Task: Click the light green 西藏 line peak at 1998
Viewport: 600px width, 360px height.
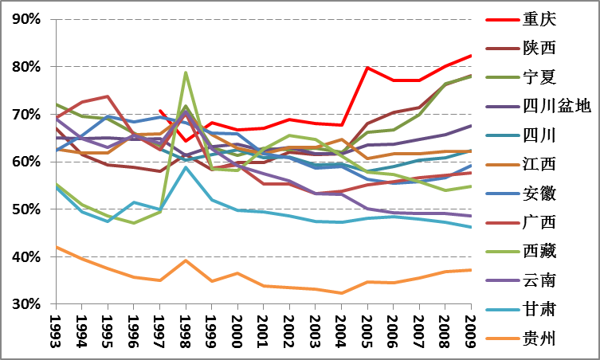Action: click(186, 72)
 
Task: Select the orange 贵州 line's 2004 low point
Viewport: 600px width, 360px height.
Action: click(341, 293)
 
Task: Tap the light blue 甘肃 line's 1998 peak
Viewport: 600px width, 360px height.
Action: click(186, 166)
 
